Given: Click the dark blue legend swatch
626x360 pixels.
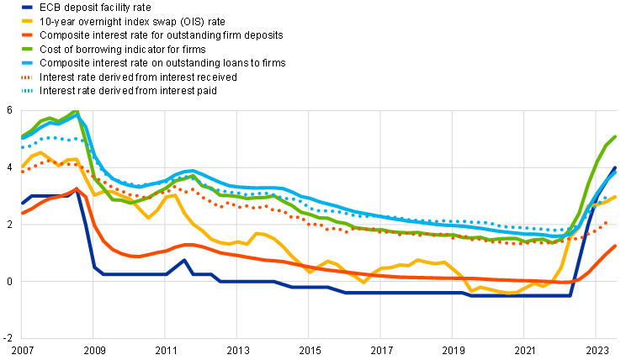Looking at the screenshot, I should coord(27,7).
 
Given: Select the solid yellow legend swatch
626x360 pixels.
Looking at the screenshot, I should coord(27,20).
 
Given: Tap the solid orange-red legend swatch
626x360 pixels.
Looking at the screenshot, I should coord(27,34).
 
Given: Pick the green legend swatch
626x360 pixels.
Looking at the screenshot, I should coord(27,49).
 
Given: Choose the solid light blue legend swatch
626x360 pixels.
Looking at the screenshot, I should coord(27,62).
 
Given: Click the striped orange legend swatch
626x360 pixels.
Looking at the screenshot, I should coord(27,77).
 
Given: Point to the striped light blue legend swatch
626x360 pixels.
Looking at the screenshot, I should coord(27,90).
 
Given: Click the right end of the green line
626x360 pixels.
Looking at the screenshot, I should coord(616,136).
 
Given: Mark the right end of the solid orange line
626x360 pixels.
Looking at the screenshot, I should coord(616,246).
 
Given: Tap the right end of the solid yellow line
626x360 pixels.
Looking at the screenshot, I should coord(616,197).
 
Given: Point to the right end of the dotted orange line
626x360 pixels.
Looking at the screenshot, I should coord(606,223).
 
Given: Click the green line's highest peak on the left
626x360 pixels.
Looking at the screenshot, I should coord(76,112).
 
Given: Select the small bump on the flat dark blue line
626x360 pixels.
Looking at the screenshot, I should coord(183,260).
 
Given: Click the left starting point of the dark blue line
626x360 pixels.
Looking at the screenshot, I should coord(22,204).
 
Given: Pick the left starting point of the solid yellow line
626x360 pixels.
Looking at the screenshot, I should coord(22,165).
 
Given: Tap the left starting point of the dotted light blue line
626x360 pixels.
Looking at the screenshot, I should coord(22,148).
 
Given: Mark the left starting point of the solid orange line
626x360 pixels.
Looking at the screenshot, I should coord(22,214).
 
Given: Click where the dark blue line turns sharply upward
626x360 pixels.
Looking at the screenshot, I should coord(571,295).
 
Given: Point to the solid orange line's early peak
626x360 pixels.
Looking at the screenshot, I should coord(77,188).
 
